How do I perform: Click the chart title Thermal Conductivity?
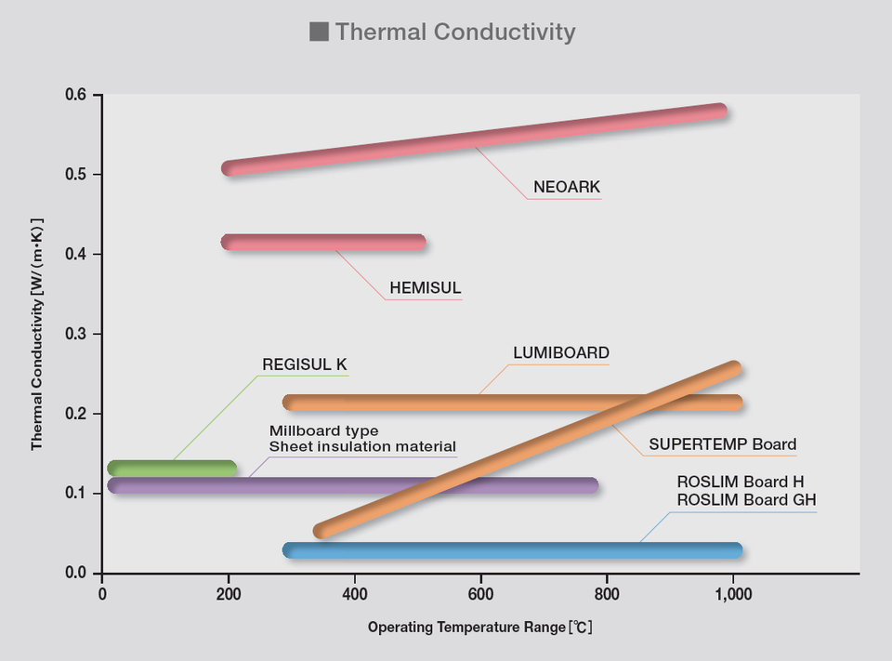[454, 32]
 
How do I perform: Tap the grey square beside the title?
[319, 32]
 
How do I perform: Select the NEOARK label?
[567, 187]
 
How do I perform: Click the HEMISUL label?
[425, 288]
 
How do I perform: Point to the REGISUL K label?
[304, 364]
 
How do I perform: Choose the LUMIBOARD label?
[561, 353]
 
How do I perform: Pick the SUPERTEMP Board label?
[722, 443]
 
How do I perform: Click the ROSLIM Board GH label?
[746, 500]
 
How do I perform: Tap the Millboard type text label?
[323, 431]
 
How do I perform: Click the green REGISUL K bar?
[172, 468]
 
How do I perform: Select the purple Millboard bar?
[353, 485]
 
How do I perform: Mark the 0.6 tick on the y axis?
[76, 96]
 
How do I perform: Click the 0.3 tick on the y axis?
[76, 334]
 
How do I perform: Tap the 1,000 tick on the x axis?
[733, 594]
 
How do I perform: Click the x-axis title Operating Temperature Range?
[479, 628]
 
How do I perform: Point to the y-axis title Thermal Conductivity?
[37, 335]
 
